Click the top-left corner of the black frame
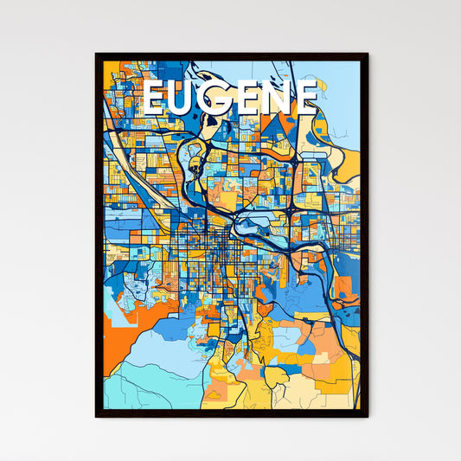coord(96,54)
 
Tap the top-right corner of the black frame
coord(367,54)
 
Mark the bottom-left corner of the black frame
coord(96,416)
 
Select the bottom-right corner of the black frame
coord(367,416)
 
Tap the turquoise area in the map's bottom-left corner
coord(130,389)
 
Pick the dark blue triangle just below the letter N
coord(279,127)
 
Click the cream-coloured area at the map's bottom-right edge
coord(342,394)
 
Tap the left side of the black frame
coord(98,234)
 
